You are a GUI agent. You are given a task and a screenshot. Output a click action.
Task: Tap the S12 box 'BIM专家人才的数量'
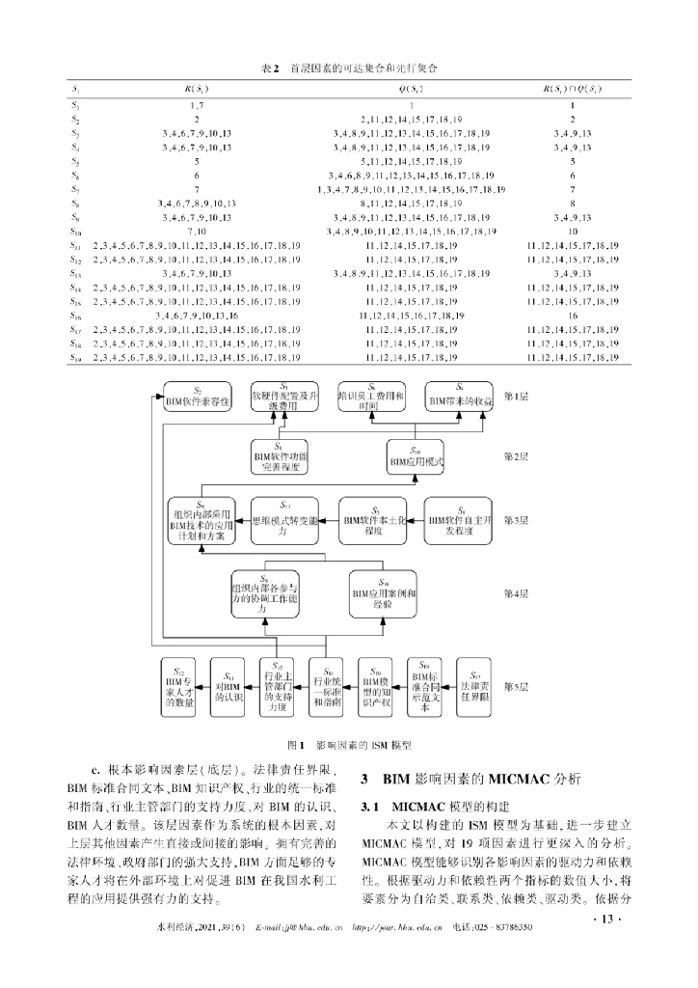click(x=180, y=686)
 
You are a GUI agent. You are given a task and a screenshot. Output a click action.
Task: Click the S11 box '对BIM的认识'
click(x=228, y=686)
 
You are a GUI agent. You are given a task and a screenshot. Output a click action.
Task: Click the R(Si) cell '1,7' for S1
click(x=183, y=104)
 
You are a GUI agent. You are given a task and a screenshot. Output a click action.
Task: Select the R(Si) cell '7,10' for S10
click(x=183, y=232)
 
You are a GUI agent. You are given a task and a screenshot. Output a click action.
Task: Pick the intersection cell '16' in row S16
click(x=573, y=316)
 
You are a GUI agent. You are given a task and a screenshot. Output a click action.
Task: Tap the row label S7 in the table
click(x=74, y=189)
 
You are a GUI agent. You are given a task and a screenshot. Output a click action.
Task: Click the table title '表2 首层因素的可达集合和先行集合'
click(x=347, y=69)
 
